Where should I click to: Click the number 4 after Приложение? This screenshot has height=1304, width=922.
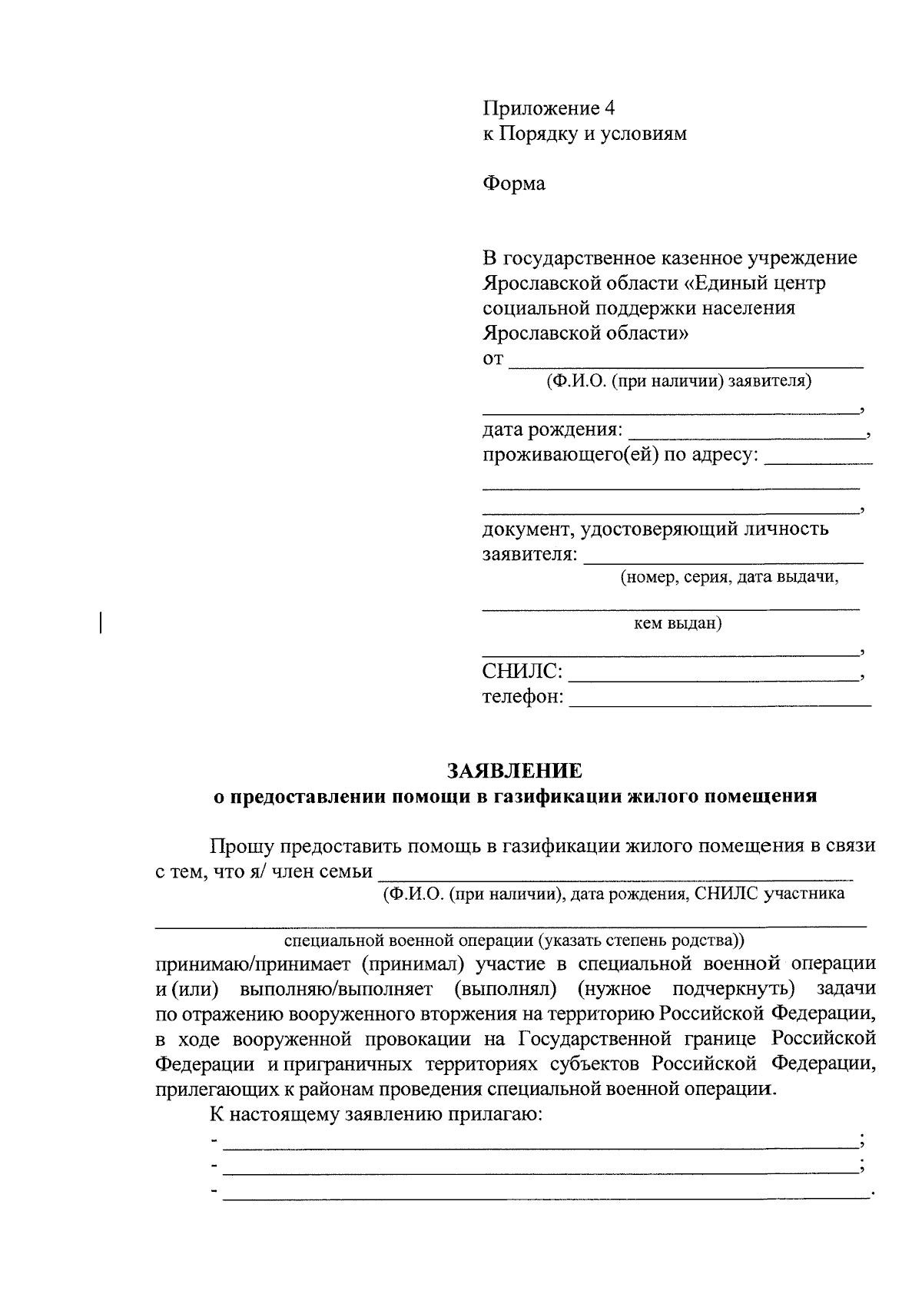[610, 108]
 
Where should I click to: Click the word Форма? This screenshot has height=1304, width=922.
[514, 184]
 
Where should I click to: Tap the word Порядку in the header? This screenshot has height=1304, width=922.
[537, 134]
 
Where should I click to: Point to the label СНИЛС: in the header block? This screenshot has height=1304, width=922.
[522, 672]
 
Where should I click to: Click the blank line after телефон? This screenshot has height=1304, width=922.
[721, 703]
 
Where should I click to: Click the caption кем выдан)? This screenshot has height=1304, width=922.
[677, 623]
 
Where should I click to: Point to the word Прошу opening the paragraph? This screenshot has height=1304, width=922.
[243, 847]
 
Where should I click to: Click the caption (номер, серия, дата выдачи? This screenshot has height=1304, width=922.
[729, 578]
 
